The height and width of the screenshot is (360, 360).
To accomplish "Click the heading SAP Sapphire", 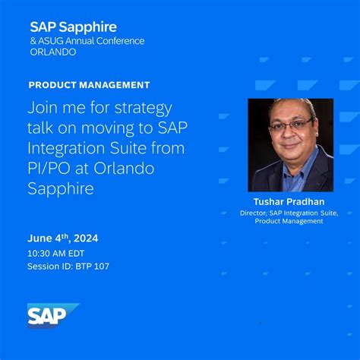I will (x=74, y=27).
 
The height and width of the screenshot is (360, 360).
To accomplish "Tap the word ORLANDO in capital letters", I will (x=54, y=52).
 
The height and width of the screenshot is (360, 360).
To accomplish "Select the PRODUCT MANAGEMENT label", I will (x=89, y=85).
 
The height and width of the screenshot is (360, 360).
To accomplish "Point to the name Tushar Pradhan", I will (x=290, y=201).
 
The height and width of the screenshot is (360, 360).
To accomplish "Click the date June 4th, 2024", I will (x=63, y=238).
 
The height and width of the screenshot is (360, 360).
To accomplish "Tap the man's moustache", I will (x=290, y=143).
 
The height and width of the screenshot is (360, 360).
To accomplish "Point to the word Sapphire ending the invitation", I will (x=61, y=188).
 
